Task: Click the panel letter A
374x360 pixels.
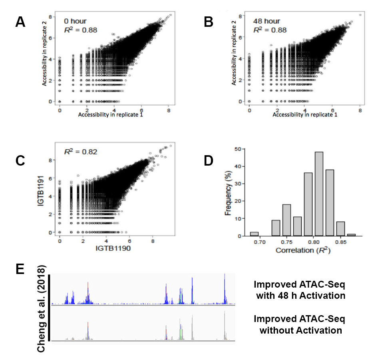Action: pyautogui.click(x=20, y=22)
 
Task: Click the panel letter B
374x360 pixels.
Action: pyautogui.click(x=208, y=22)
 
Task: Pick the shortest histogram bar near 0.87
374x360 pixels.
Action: pyautogui.click(x=352, y=235)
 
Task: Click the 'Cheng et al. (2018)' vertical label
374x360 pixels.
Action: pyautogui.click(x=42, y=308)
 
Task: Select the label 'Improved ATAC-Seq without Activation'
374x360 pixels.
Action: pyautogui.click(x=301, y=325)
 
